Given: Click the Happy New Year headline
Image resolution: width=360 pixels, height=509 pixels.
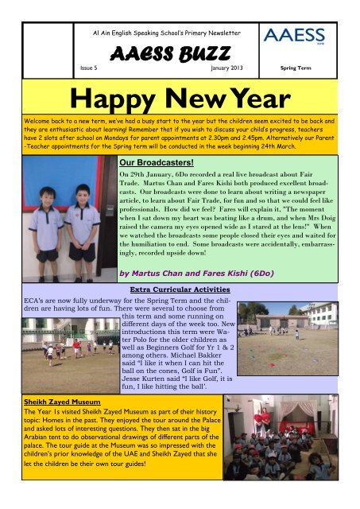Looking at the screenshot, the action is (180, 103).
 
